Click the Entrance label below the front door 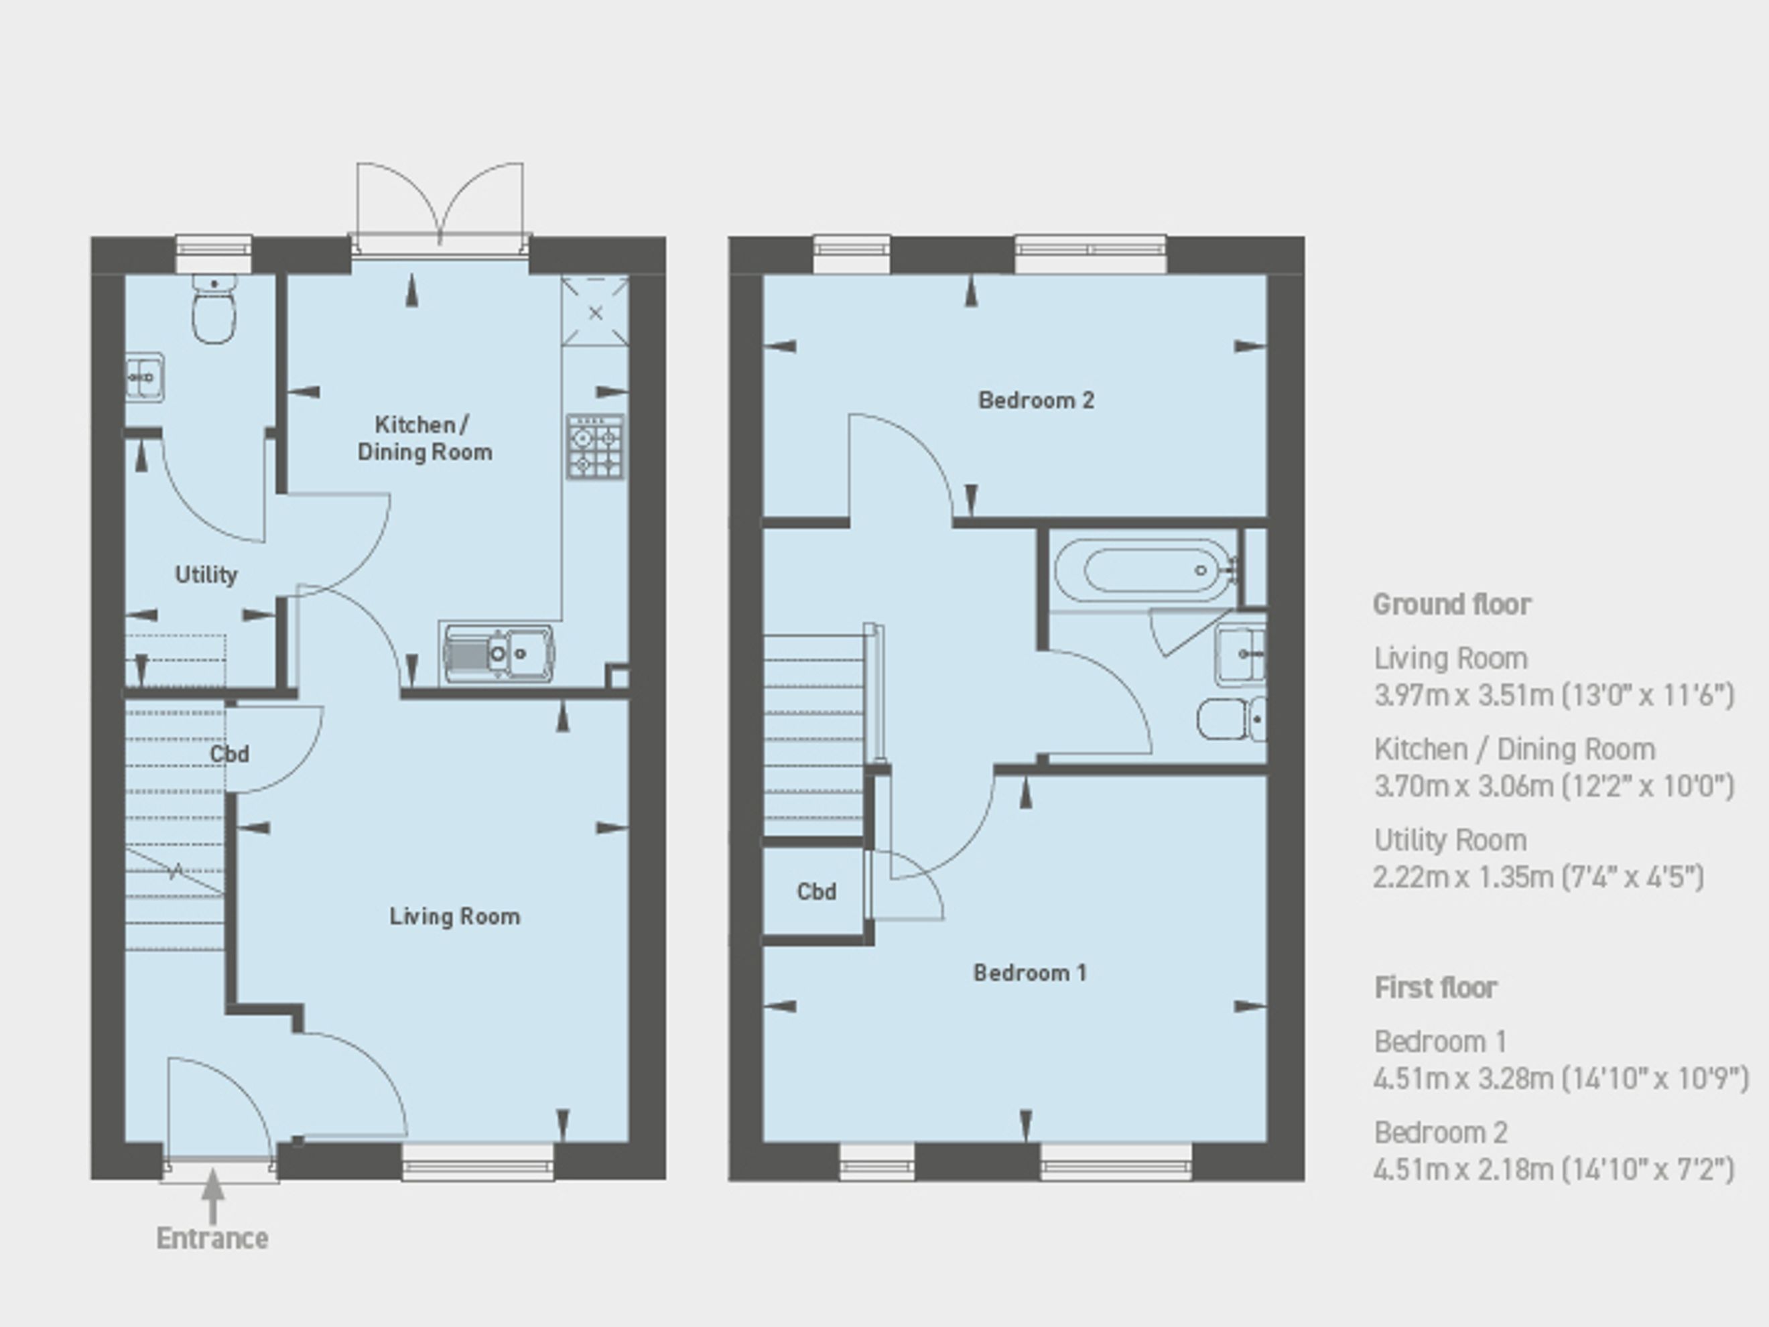[x=212, y=1239]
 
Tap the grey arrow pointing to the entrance [x=212, y=1196]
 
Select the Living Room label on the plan [x=455, y=917]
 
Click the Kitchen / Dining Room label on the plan [x=425, y=438]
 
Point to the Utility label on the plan [x=206, y=574]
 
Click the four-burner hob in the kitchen [x=596, y=446]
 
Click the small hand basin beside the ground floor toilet [x=145, y=377]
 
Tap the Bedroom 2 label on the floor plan [x=1037, y=400]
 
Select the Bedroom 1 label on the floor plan [x=1030, y=972]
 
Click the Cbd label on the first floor [x=817, y=891]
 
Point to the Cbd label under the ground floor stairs [x=230, y=754]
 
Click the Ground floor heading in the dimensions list [x=1452, y=605]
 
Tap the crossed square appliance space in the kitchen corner [x=596, y=312]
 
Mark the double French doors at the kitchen [x=440, y=208]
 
